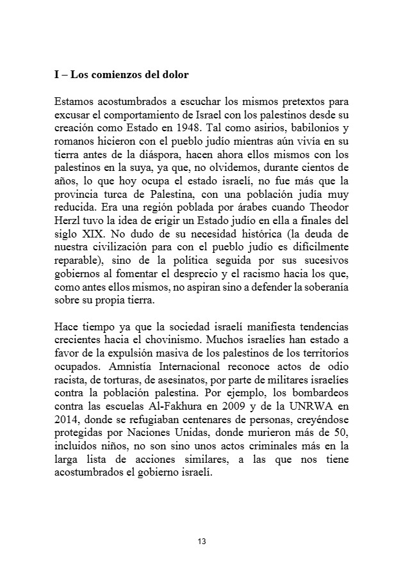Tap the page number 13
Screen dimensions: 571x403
pyautogui.click(x=202, y=542)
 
